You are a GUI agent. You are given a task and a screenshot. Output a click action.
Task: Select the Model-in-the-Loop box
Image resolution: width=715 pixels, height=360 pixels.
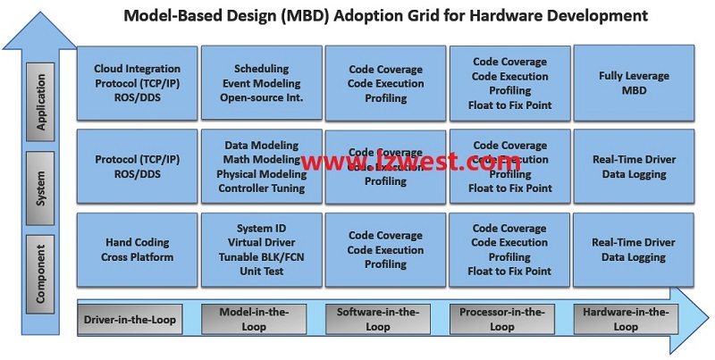pyautogui.click(x=254, y=319)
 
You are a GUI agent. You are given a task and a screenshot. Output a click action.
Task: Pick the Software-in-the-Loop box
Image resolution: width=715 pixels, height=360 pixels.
pyautogui.click(x=378, y=319)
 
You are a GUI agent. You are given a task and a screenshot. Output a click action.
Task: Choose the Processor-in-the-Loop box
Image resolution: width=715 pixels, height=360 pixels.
pyautogui.click(x=502, y=319)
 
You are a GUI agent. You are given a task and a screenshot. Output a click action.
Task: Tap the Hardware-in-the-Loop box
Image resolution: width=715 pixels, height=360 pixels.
pyautogui.click(x=626, y=319)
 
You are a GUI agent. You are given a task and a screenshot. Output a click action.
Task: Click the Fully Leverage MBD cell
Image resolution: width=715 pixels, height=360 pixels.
pyautogui.click(x=634, y=83)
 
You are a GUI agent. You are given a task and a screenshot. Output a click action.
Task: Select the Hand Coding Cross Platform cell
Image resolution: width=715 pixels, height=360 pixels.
pyautogui.click(x=137, y=249)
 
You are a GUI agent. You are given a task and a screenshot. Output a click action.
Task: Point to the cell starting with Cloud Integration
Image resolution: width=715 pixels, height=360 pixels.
pyautogui.click(x=137, y=83)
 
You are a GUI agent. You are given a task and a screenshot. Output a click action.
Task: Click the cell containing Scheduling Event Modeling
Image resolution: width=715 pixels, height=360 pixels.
pyautogui.click(x=261, y=83)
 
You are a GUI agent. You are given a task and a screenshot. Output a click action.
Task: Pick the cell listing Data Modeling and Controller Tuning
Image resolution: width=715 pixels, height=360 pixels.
pyautogui.click(x=261, y=167)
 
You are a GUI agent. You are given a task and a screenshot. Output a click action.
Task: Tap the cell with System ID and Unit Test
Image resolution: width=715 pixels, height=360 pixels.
pyautogui.click(x=261, y=249)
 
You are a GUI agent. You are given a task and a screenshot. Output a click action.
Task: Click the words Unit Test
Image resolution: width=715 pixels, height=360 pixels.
pyautogui.click(x=261, y=271)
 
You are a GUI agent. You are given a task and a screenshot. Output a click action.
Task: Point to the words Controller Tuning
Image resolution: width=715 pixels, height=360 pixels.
pyautogui.click(x=261, y=188)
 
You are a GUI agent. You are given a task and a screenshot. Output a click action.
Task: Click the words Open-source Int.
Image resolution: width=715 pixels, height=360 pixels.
pyautogui.click(x=261, y=97)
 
